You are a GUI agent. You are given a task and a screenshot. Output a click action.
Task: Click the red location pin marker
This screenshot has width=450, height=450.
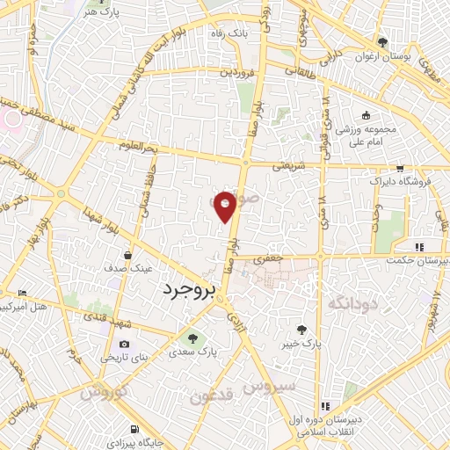click(x=225, y=206)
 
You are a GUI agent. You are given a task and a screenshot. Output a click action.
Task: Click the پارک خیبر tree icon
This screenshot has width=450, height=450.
click(x=302, y=330)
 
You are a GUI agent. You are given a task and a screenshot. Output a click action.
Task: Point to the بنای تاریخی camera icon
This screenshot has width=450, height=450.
click(x=124, y=343)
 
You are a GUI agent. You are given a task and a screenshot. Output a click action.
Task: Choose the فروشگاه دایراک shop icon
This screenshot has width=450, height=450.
click(x=400, y=167)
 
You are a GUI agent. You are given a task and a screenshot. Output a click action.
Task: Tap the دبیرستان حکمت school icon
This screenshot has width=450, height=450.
click(x=419, y=247)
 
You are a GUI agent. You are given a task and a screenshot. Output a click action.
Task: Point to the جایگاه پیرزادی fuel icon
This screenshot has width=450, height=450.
click(x=133, y=429)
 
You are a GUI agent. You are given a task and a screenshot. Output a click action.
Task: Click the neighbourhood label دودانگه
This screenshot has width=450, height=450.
click(x=328, y=303)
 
